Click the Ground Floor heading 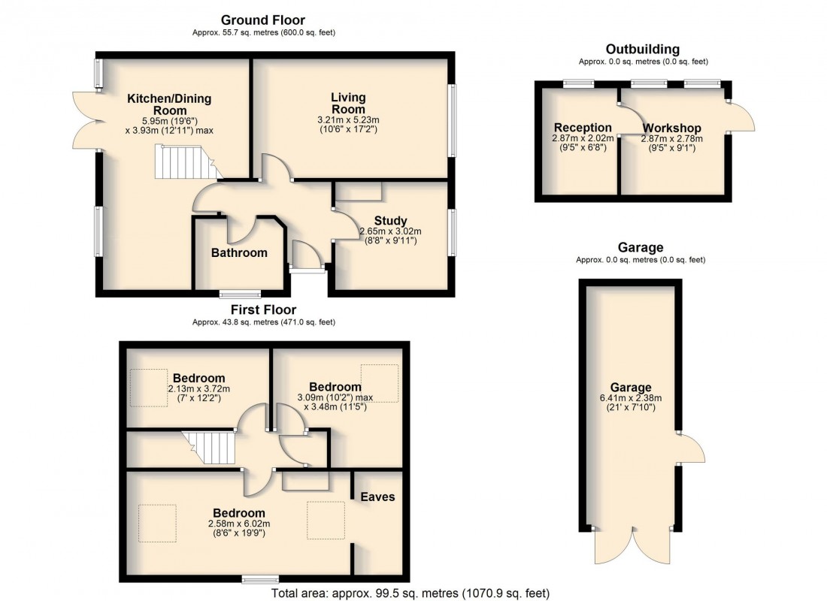(x=263, y=20)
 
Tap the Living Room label (x=348, y=103)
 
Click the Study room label (x=390, y=220)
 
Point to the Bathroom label (x=239, y=252)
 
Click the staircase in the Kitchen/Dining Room (x=185, y=162)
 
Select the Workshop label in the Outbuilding (x=671, y=128)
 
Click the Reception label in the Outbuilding (x=583, y=128)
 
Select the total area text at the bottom (x=410, y=593)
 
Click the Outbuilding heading (x=643, y=50)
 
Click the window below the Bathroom (x=239, y=294)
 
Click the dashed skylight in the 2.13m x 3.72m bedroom (x=148, y=387)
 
